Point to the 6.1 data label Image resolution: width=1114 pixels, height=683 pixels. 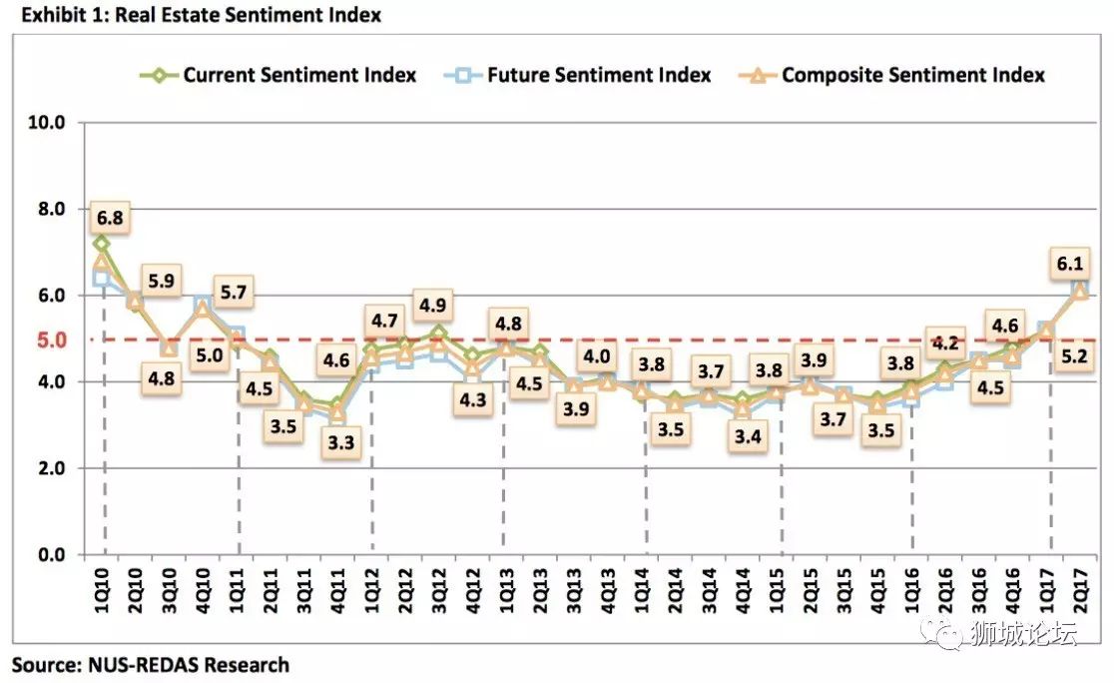pos(1070,265)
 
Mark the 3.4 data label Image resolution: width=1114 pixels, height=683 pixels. pos(745,436)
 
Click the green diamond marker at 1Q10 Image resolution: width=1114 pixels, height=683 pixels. pos(101,244)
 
